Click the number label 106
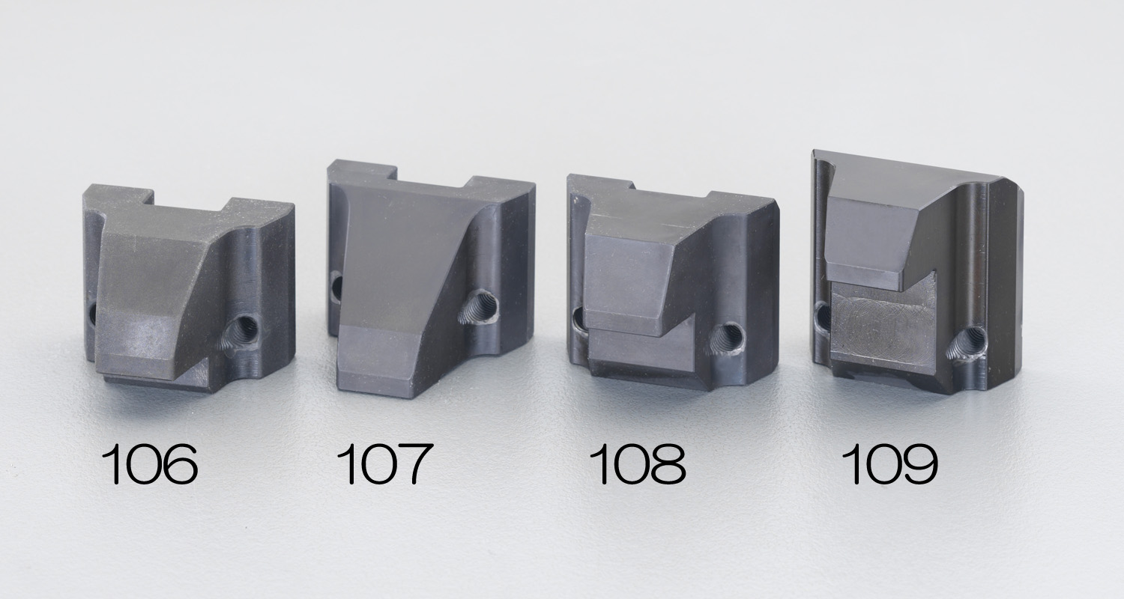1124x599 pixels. (149, 464)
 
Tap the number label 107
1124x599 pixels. (384, 464)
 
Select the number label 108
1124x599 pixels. (637, 464)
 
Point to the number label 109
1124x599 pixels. (889, 464)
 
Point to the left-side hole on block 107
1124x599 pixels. (336, 287)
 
